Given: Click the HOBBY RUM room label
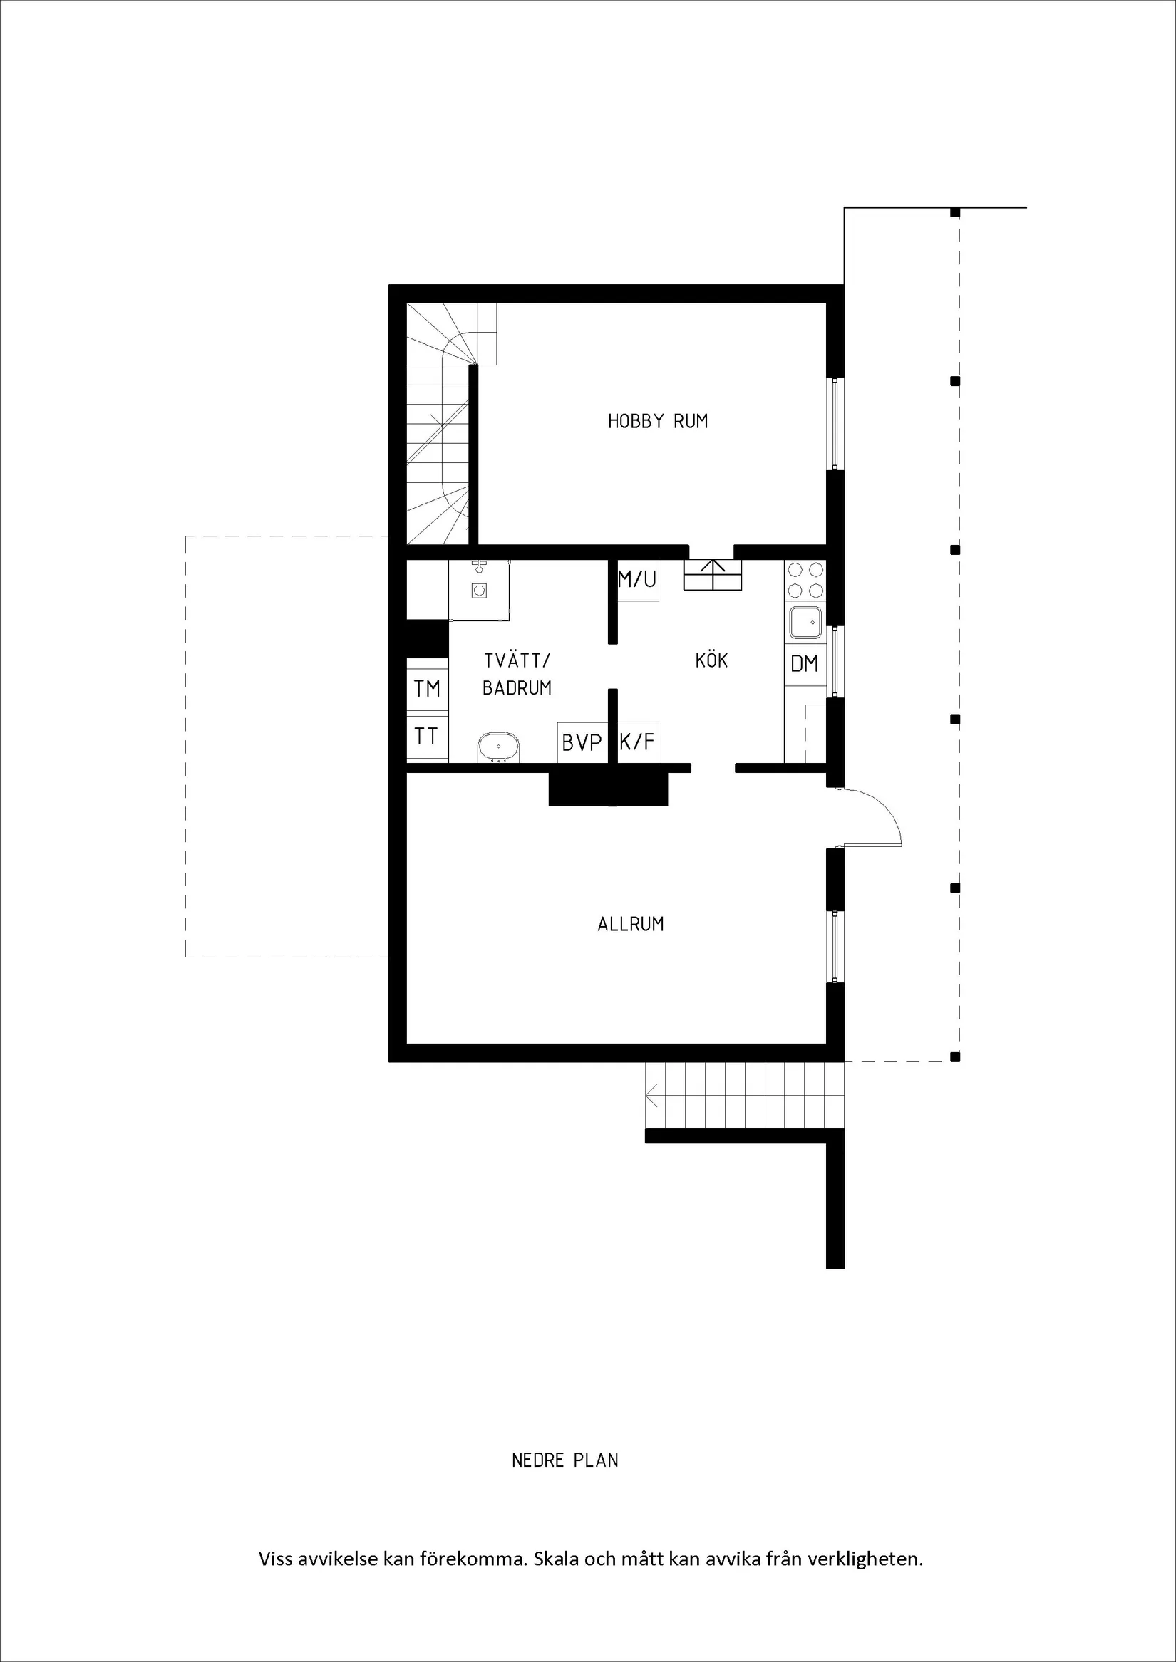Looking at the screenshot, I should (x=658, y=421).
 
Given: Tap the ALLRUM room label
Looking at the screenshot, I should (x=630, y=925).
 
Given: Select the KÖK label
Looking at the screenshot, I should (x=711, y=660).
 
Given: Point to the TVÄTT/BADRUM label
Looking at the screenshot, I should (x=517, y=674).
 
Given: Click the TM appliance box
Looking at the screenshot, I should (x=427, y=688).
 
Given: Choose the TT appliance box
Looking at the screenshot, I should (x=426, y=737).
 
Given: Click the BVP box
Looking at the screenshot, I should (x=582, y=743).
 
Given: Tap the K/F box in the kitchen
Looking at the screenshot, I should (x=638, y=742).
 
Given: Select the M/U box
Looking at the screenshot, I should (x=637, y=579).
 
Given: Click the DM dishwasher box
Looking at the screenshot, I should (x=805, y=664).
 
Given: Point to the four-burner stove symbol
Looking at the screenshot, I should (x=805, y=580).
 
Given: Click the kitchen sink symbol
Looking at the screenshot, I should (x=805, y=623).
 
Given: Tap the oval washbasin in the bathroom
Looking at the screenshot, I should (x=499, y=747).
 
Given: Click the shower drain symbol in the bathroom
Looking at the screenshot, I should (x=479, y=591).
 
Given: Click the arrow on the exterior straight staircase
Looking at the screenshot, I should (x=651, y=1096).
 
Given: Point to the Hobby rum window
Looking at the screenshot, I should (x=835, y=423).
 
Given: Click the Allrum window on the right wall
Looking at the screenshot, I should (x=835, y=946).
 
